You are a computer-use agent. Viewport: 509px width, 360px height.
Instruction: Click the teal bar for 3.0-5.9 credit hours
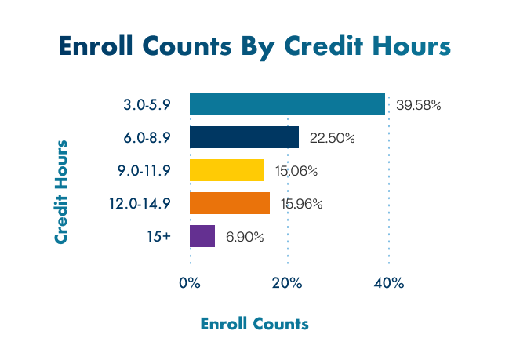coord(287,104)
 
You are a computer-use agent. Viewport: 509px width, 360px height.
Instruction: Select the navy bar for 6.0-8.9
coord(244,137)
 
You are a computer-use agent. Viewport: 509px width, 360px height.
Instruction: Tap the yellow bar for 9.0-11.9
coord(227,170)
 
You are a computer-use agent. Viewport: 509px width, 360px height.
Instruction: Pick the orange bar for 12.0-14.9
coord(229,203)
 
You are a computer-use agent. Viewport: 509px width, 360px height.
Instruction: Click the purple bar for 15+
coord(202,236)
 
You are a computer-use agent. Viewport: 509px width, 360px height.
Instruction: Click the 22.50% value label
coord(333,138)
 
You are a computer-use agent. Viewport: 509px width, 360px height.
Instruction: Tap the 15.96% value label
coord(302,204)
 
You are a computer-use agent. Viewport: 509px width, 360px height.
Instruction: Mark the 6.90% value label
coord(245,237)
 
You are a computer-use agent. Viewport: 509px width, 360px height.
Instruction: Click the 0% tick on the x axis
coord(191,283)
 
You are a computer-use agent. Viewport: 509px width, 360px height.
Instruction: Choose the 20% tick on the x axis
coord(288,283)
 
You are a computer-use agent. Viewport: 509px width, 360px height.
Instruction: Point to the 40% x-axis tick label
coord(388,283)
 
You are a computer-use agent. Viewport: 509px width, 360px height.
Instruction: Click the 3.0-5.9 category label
coord(147,105)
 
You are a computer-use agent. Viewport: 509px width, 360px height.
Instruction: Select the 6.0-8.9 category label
coord(147,138)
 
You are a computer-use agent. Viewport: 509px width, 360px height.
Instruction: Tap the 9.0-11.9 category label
coord(144,171)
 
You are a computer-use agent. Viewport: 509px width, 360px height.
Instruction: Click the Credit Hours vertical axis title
coord(60,192)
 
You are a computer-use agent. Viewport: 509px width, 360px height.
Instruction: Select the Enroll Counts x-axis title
coord(254,323)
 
